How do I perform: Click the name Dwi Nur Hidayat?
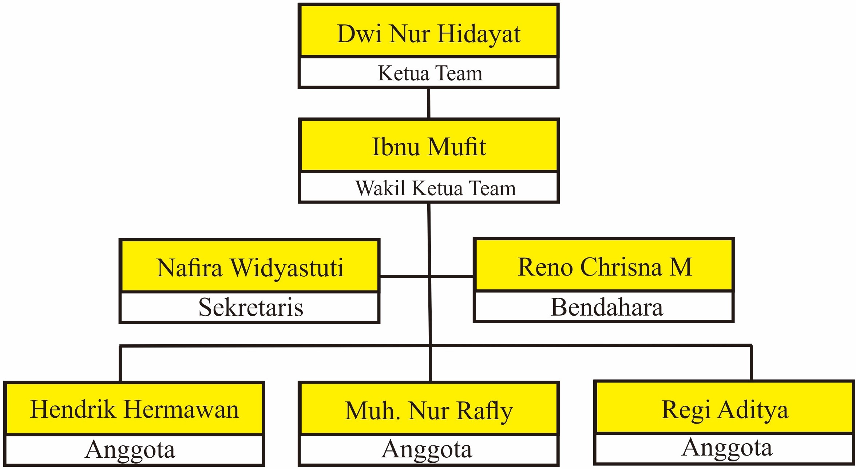(x=428, y=34)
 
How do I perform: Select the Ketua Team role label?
(x=430, y=73)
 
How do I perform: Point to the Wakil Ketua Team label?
(x=435, y=188)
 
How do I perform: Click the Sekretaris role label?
(x=251, y=308)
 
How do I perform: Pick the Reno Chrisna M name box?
(x=604, y=267)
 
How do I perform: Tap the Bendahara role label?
(x=606, y=307)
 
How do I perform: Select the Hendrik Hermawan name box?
(x=134, y=409)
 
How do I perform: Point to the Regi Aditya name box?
(x=725, y=409)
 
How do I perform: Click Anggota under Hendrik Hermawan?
(x=130, y=450)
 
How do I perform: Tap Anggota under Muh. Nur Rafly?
(x=427, y=449)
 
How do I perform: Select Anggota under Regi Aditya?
(x=727, y=448)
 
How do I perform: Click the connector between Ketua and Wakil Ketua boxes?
(x=429, y=103)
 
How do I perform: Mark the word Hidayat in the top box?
(x=479, y=34)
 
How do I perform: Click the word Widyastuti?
(x=287, y=268)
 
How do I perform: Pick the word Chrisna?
(x=621, y=267)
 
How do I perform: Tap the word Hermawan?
(x=181, y=409)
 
